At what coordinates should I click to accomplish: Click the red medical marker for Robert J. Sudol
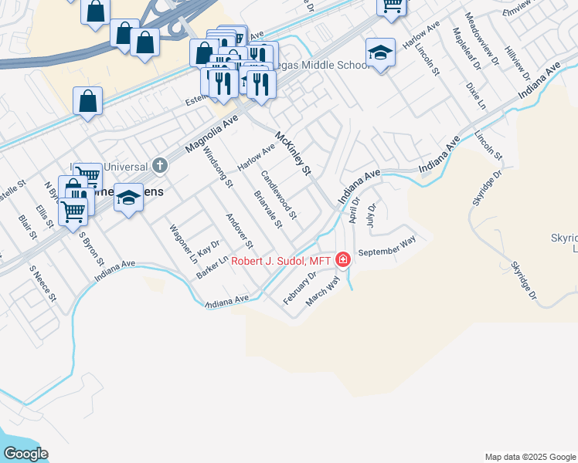342,260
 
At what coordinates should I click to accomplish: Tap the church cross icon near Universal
160,164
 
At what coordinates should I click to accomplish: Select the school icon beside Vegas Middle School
380,52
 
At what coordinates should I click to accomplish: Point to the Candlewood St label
278,194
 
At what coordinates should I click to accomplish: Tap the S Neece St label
43,283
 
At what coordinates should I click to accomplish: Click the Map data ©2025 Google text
529,457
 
